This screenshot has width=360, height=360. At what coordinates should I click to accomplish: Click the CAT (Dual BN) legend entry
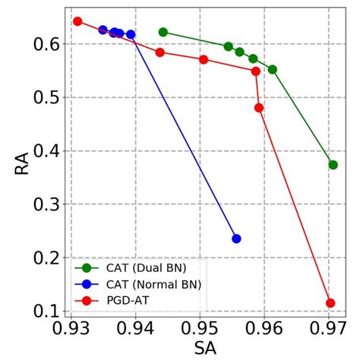pyautogui.click(x=141, y=267)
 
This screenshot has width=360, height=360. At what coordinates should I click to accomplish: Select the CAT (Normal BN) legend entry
pyautogui.click(x=144, y=283)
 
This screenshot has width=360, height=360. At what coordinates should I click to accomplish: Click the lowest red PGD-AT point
pyautogui.click(x=330, y=303)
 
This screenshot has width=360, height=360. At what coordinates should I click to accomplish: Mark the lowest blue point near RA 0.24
pyautogui.click(x=236, y=238)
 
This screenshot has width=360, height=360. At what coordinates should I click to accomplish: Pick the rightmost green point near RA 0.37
pyautogui.click(x=333, y=165)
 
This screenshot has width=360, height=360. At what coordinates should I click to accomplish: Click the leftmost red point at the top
pyautogui.click(x=77, y=21)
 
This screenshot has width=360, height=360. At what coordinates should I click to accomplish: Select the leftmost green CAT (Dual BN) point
pyautogui.click(x=163, y=32)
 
